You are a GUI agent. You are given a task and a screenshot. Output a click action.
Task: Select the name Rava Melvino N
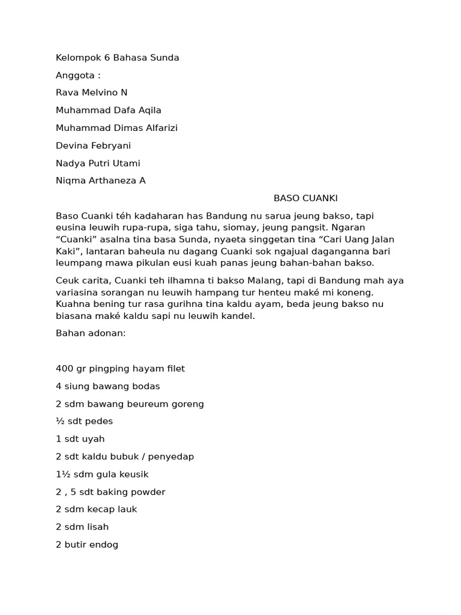(91, 92)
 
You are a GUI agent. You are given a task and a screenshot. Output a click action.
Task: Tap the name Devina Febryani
(93, 145)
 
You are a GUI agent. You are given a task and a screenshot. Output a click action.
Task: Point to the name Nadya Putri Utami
(98, 163)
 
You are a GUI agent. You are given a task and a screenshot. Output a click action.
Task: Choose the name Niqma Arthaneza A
(100, 181)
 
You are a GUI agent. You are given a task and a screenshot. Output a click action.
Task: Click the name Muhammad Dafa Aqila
(108, 110)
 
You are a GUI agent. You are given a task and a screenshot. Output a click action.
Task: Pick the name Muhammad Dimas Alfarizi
(116, 128)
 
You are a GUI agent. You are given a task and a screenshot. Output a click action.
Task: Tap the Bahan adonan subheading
(90, 333)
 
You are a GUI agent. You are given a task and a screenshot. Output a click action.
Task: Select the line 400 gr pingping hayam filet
(120, 369)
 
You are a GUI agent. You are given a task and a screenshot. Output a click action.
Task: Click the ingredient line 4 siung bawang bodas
(108, 386)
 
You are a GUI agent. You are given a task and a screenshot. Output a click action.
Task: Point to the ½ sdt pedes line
(84, 421)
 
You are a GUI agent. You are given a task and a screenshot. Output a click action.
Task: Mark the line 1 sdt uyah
(80, 439)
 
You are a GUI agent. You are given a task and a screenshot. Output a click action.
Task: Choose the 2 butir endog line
(87, 545)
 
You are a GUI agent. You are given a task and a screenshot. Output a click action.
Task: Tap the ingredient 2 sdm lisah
(82, 527)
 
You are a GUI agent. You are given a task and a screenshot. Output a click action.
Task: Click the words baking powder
(139, 492)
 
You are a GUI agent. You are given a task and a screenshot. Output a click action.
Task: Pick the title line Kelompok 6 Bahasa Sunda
(117, 58)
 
